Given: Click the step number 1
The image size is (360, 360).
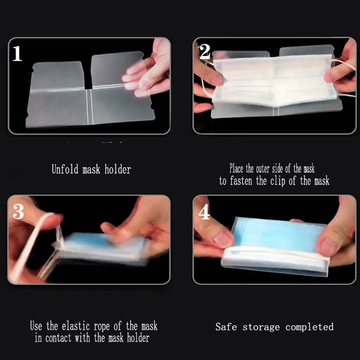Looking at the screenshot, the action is point(17,54).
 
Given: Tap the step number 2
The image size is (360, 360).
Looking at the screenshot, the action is point(205,52).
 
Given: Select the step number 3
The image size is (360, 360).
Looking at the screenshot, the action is point(18,211).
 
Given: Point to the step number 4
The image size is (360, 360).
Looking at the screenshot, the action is point(204,211).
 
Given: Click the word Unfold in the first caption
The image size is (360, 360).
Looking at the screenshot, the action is point(65,169).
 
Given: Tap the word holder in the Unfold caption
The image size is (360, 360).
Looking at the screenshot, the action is point(117,169).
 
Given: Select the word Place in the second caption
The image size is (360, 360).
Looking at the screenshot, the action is point(236,168).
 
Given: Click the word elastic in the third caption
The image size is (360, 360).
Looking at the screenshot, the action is point(76,326).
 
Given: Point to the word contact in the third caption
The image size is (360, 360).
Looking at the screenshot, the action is point(58,338).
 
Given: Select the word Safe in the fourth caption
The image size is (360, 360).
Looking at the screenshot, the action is point(226,327).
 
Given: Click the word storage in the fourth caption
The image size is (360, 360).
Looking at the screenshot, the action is point(261,328).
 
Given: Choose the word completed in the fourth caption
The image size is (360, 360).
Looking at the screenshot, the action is point(310,327).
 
